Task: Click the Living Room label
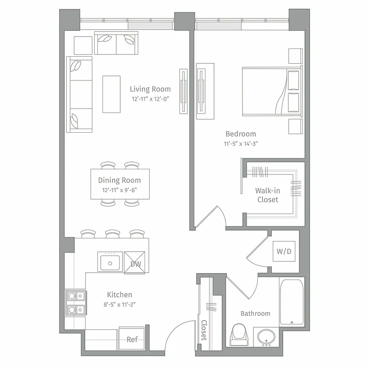[150, 89]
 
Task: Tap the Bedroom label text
[241, 134]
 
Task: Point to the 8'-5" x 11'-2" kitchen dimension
[119, 303]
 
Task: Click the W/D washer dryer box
[284, 252]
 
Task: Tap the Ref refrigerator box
[132, 339]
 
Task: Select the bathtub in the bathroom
[291, 302]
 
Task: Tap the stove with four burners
[75, 303]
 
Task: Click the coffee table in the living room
[111, 94]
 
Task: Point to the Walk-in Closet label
[268, 195]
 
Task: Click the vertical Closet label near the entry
[204, 329]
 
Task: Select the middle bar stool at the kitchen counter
[113, 234]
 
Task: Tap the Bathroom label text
[255, 313]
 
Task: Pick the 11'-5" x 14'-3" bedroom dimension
[240, 143]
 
